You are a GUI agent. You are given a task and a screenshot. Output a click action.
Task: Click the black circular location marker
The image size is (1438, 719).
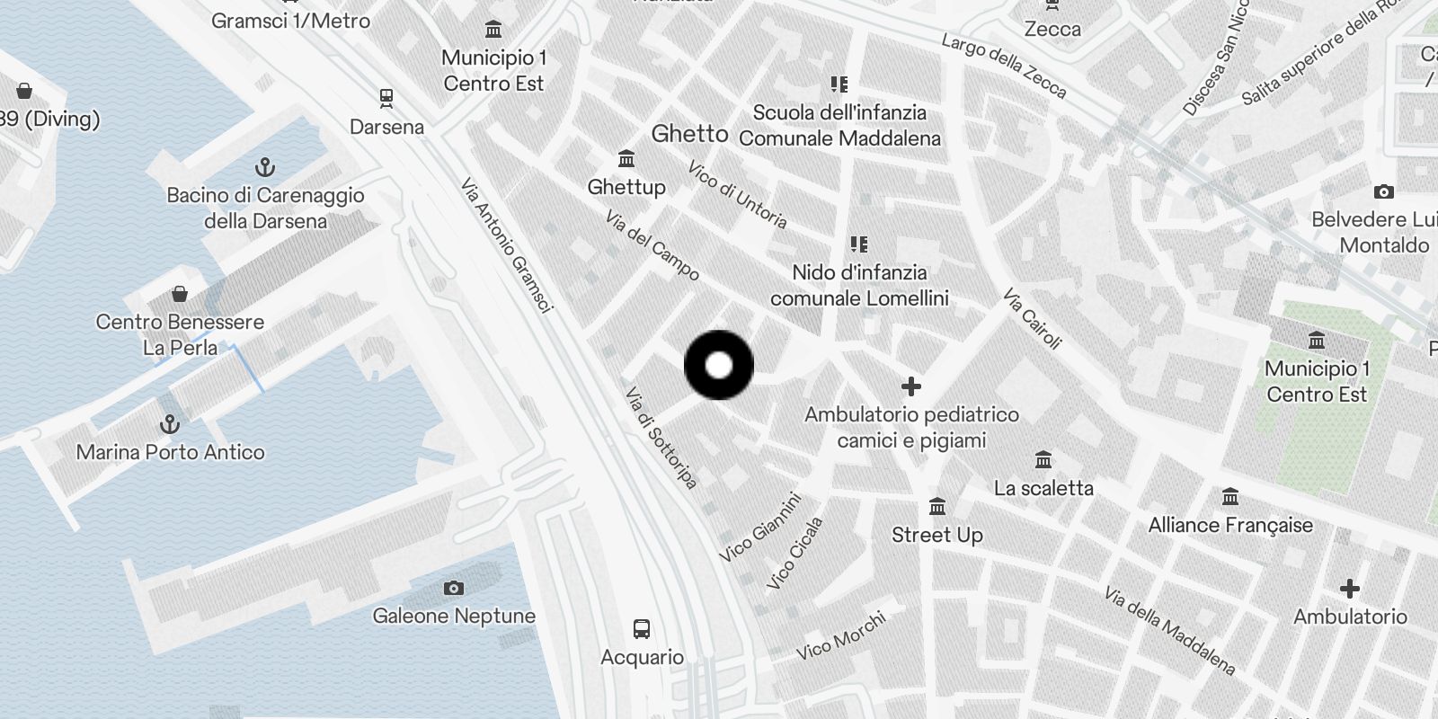point(719,366)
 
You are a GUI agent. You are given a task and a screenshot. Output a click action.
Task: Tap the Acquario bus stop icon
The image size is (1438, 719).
point(642,628)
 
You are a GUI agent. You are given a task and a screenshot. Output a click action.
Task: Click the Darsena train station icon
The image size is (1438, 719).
point(386,97)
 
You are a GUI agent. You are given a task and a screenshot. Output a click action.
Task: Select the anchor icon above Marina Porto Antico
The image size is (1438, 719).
point(170,423)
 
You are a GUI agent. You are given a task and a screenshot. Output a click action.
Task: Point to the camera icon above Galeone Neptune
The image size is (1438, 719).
point(454,588)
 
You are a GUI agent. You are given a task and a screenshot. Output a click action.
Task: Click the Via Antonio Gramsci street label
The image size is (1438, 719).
point(506,245)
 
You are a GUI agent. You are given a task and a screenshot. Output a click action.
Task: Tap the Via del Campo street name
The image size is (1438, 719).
point(652,244)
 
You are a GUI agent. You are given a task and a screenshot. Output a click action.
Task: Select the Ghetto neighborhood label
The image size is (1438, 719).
point(689,134)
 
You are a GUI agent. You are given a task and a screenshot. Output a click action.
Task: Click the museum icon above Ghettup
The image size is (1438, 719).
point(626,159)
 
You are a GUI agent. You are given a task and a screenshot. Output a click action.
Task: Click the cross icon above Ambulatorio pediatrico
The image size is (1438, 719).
point(911,386)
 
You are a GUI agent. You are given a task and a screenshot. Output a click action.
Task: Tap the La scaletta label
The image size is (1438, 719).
point(1043,488)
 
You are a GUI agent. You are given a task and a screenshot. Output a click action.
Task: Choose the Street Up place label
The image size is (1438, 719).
point(936,535)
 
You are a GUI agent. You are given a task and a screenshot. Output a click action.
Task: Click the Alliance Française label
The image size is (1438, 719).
point(1230,525)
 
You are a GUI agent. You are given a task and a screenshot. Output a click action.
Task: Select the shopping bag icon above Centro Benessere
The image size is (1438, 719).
point(180,294)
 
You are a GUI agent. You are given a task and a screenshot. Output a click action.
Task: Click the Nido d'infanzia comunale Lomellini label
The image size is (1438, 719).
point(859,285)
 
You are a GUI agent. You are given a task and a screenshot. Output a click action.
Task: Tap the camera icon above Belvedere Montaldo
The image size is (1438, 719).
point(1384,191)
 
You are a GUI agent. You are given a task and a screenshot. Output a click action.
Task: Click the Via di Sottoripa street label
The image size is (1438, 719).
point(661,438)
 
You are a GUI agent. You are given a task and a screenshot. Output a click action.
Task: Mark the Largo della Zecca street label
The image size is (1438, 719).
point(1004,65)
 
